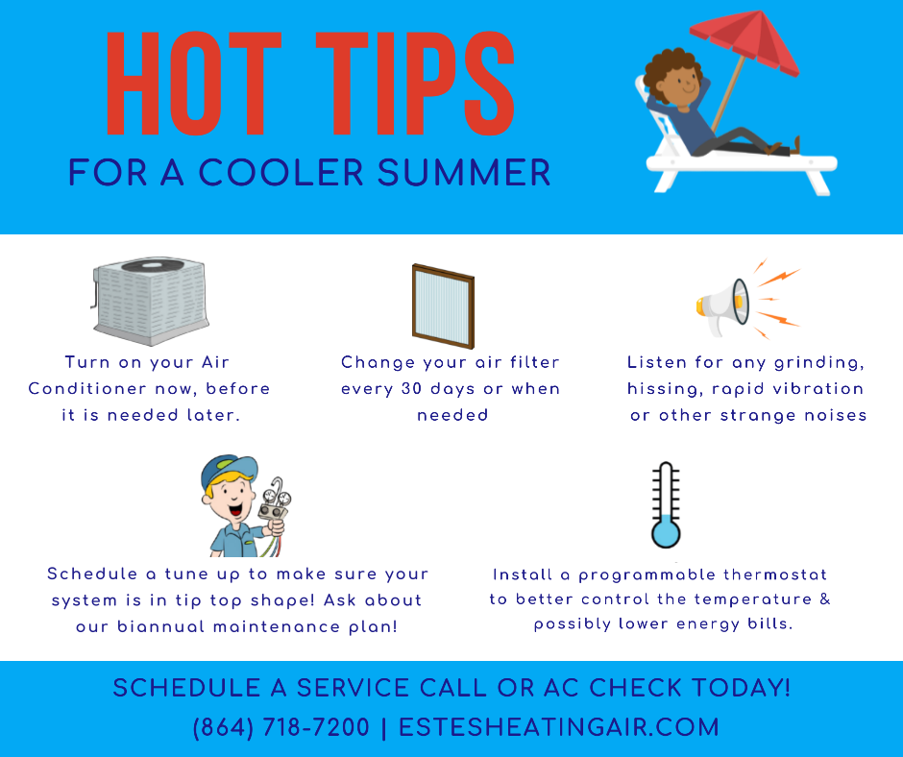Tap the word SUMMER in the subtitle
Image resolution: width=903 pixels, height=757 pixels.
click(x=464, y=172)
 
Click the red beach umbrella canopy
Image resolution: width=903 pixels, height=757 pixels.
click(x=744, y=39)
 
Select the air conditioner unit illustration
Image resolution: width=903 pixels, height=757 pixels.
click(x=150, y=301)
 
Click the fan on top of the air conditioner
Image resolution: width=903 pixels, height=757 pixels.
click(x=152, y=265)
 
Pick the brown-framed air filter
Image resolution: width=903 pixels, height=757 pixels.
click(x=443, y=306)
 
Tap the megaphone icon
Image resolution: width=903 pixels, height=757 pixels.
click(x=722, y=305)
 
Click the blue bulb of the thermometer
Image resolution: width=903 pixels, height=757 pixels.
click(x=666, y=533)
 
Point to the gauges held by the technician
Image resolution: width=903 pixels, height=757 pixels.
click(x=275, y=501)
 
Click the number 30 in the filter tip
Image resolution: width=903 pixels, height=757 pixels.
click(x=412, y=389)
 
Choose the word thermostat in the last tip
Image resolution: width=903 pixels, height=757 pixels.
click(x=775, y=574)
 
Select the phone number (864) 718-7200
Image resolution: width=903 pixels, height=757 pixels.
click(x=281, y=727)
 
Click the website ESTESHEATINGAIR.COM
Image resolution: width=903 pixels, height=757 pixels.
click(x=559, y=727)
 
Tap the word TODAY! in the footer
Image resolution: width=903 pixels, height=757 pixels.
click(x=741, y=688)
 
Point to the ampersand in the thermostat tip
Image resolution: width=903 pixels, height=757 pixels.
click(x=824, y=599)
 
